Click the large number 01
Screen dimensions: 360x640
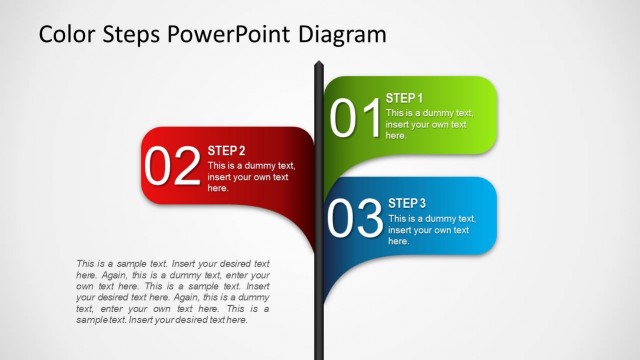click(x=356, y=118)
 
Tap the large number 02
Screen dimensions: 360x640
click(x=173, y=167)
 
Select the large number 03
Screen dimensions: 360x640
click(x=356, y=219)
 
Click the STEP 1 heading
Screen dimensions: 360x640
click(x=405, y=98)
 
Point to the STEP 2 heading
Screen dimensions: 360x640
click(x=226, y=151)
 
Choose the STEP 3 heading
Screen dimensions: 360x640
click(x=407, y=203)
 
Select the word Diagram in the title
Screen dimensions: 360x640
click(x=342, y=34)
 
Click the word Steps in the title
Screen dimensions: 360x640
click(x=129, y=34)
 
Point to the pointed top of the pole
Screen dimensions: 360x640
click(x=319, y=66)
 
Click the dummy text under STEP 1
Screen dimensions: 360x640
click(x=428, y=124)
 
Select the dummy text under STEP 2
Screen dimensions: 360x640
click(x=251, y=176)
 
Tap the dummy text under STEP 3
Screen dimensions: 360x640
click(x=430, y=229)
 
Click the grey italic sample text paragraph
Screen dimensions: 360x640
click(x=173, y=291)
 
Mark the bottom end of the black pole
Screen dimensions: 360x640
click(x=319, y=354)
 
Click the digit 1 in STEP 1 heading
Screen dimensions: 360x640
click(x=420, y=98)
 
